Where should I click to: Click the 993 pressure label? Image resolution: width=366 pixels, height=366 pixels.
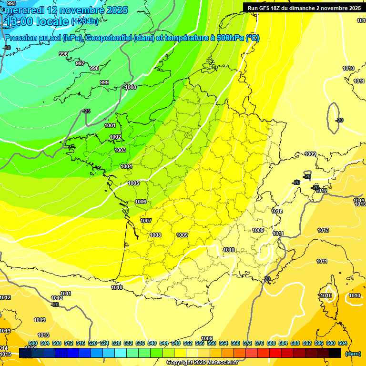[5, 3]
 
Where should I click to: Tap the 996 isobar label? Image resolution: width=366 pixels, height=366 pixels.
[63, 54]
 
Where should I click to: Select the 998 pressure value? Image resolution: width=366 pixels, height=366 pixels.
[94, 69]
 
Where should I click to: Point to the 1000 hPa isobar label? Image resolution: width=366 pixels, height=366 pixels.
[131, 88]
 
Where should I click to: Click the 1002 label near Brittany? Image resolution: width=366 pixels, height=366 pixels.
[115, 137]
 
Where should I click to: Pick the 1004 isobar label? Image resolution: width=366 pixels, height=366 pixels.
[126, 167]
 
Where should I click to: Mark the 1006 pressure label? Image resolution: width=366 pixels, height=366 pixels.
[141, 202]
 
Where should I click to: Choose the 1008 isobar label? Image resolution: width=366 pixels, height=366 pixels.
[155, 235]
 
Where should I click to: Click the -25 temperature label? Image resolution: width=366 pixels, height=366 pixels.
[86, 112]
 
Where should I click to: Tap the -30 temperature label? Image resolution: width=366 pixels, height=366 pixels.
[7, 48]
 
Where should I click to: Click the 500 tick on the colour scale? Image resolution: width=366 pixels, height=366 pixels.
[33, 344]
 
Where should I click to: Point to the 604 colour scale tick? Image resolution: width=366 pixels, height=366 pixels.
[343, 344]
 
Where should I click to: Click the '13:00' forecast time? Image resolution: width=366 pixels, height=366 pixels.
[17, 21]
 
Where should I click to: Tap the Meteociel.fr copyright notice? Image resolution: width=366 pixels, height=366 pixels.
[202, 363]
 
